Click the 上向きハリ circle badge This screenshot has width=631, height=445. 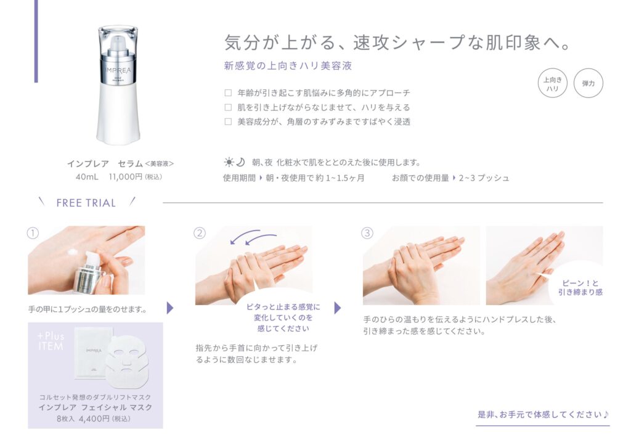click(x=552, y=83)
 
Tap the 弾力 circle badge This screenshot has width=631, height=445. click(x=588, y=83)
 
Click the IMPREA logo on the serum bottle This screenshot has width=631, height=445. click(x=118, y=70)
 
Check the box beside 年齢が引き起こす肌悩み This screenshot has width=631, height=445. click(x=228, y=93)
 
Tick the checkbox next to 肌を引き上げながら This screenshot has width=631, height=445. click(x=228, y=107)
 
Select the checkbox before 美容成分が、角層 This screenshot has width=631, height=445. click(x=228, y=121)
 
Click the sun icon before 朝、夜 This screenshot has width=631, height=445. click(x=229, y=162)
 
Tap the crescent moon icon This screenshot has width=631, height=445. click(x=240, y=161)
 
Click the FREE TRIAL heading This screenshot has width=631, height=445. click(x=86, y=203)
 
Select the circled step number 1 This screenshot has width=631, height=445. click(x=33, y=234)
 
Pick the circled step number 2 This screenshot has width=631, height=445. click(x=200, y=234)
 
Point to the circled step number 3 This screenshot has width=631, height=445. click(x=367, y=234)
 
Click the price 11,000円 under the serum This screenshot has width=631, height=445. click(x=126, y=177)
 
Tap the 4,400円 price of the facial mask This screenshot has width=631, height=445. click(x=94, y=418)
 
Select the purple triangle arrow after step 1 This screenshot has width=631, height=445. click(x=170, y=308)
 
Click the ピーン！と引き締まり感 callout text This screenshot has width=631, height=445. click(x=580, y=288)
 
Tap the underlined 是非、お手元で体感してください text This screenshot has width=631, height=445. click(x=543, y=414)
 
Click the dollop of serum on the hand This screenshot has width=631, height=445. click(x=73, y=252)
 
